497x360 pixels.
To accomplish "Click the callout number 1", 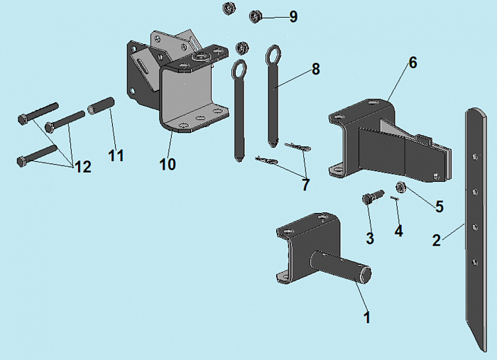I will point(367,317).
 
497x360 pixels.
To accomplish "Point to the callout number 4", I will point(398,231).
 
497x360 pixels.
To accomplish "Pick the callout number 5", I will point(439,207).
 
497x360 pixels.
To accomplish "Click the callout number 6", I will point(413,62).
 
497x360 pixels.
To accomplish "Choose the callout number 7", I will point(305,185).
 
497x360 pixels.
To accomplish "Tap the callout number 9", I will point(293,16).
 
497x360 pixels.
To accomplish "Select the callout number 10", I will point(168,164).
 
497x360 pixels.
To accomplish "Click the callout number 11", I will point(116,155).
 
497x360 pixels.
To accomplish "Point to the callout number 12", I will point(82,167).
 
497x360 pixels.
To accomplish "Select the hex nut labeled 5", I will point(400,187).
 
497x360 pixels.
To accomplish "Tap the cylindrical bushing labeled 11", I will point(101,107).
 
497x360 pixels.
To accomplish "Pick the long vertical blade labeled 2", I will point(476,227).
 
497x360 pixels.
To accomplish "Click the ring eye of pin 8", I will point(274,53).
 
